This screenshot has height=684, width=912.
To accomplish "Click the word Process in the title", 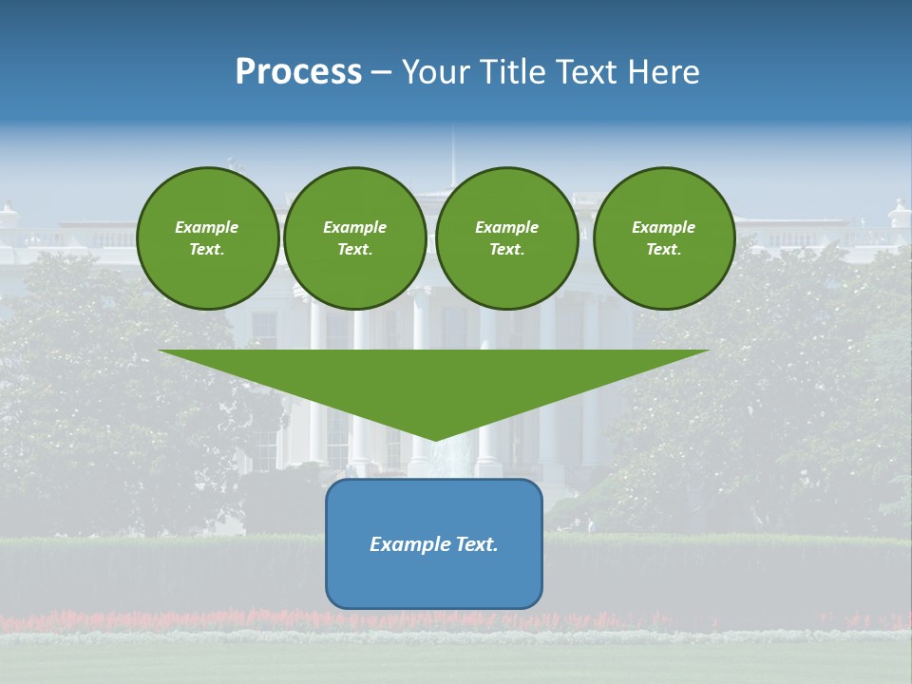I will click(x=298, y=72).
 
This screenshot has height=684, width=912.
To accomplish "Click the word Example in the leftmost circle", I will click(x=207, y=227).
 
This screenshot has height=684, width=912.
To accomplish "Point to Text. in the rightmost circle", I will click(x=664, y=250).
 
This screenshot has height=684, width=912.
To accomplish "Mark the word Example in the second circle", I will click(x=355, y=227).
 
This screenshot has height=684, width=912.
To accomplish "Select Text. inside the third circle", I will click(x=506, y=250).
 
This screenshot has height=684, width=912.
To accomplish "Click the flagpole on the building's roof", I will click(x=452, y=157).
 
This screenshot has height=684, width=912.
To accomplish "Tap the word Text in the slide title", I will click(x=590, y=72).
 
